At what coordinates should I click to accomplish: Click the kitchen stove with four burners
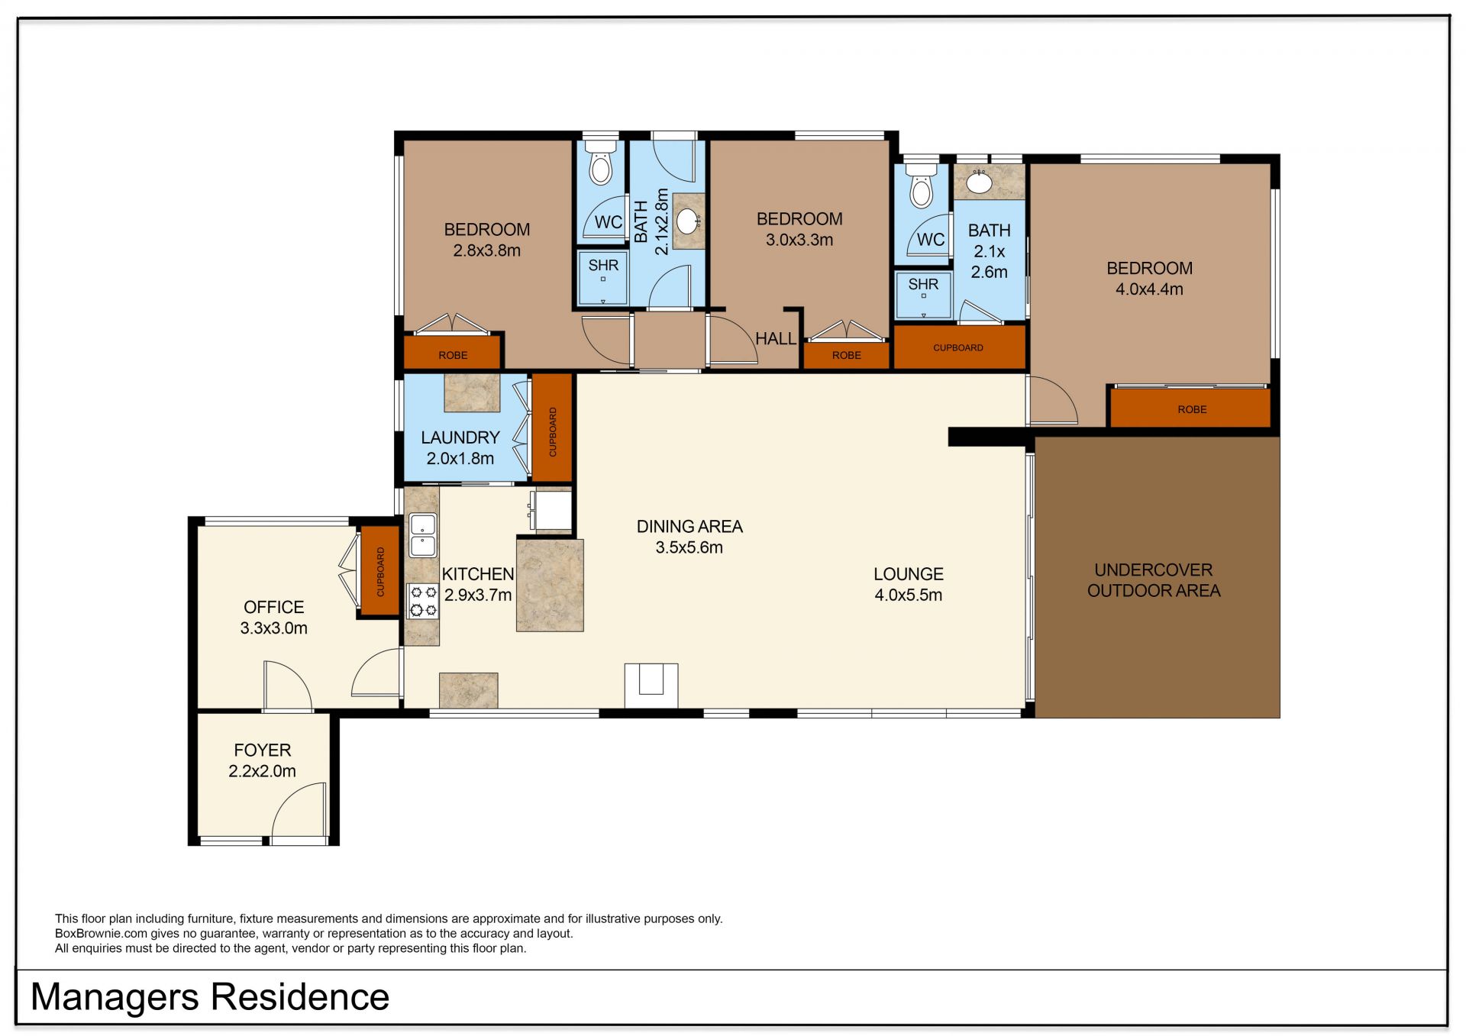click(x=423, y=601)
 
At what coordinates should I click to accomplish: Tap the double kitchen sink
click(x=422, y=535)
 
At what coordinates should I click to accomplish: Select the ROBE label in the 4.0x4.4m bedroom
click(x=1192, y=409)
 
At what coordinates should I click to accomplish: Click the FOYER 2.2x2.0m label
click(x=262, y=760)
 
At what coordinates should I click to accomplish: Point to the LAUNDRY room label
click(x=460, y=437)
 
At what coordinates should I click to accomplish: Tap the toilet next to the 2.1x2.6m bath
click(x=922, y=185)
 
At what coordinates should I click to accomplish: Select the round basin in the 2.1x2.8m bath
click(x=688, y=221)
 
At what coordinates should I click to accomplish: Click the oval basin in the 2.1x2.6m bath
click(x=979, y=182)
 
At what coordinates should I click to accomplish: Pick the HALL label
click(x=775, y=338)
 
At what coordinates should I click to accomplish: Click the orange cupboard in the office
click(x=380, y=570)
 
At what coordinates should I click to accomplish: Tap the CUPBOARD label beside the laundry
click(x=553, y=432)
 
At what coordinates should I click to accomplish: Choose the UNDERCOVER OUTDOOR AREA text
click(x=1154, y=580)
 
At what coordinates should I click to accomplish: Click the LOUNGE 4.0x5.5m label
click(x=909, y=584)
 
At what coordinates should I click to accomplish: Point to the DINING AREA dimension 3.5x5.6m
click(x=689, y=547)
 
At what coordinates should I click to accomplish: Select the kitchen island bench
click(x=550, y=585)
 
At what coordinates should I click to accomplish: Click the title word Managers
click(x=114, y=997)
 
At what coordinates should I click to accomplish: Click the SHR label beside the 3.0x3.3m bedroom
click(x=923, y=284)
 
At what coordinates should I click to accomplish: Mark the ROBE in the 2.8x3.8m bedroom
click(x=452, y=353)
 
